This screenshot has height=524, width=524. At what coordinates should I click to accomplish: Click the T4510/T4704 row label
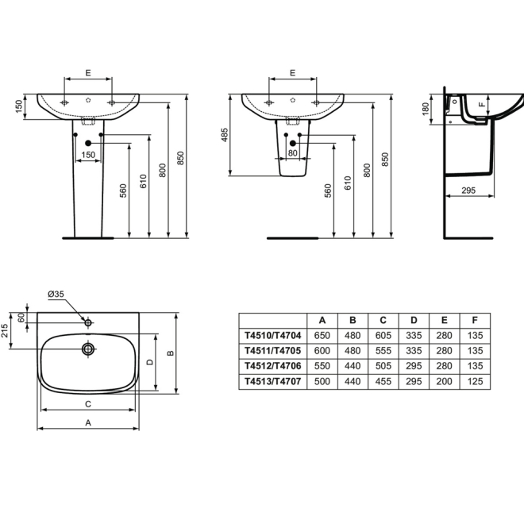[x=272, y=335]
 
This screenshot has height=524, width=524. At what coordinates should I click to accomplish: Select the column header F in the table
[x=475, y=320]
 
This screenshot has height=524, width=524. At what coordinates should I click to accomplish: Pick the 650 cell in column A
[x=322, y=335]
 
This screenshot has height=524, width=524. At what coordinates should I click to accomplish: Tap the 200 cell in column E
[x=444, y=381]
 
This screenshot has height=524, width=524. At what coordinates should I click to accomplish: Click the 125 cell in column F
[x=475, y=381]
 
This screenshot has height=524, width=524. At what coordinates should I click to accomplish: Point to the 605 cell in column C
[x=383, y=335]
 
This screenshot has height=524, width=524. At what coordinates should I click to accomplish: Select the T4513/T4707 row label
[x=272, y=381]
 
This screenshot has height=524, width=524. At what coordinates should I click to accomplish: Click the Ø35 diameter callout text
[x=56, y=294]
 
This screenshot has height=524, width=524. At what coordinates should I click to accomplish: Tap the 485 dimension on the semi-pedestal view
[x=225, y=135]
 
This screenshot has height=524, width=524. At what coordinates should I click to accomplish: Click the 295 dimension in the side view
[x=468, y=191]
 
